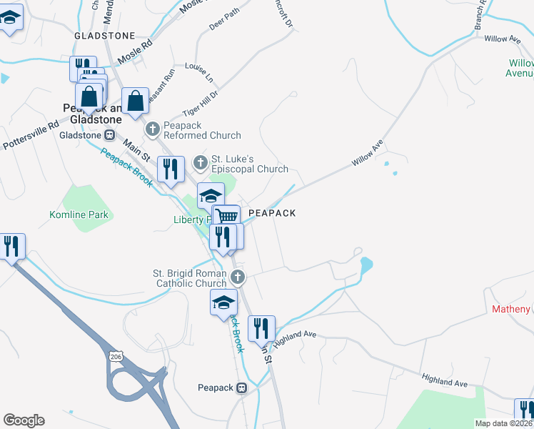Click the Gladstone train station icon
[x=110, y=134]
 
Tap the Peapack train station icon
[x=242, y=388]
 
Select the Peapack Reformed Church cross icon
[x=152, y=129]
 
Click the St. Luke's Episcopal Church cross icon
[x=201, y=164]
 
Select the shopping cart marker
[x=226, y=217]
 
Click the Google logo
[x=24, y=420]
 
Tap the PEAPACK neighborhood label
[x=271, y=213]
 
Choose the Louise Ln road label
[x=199, y=71]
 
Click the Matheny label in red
[x=510, y=309]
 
